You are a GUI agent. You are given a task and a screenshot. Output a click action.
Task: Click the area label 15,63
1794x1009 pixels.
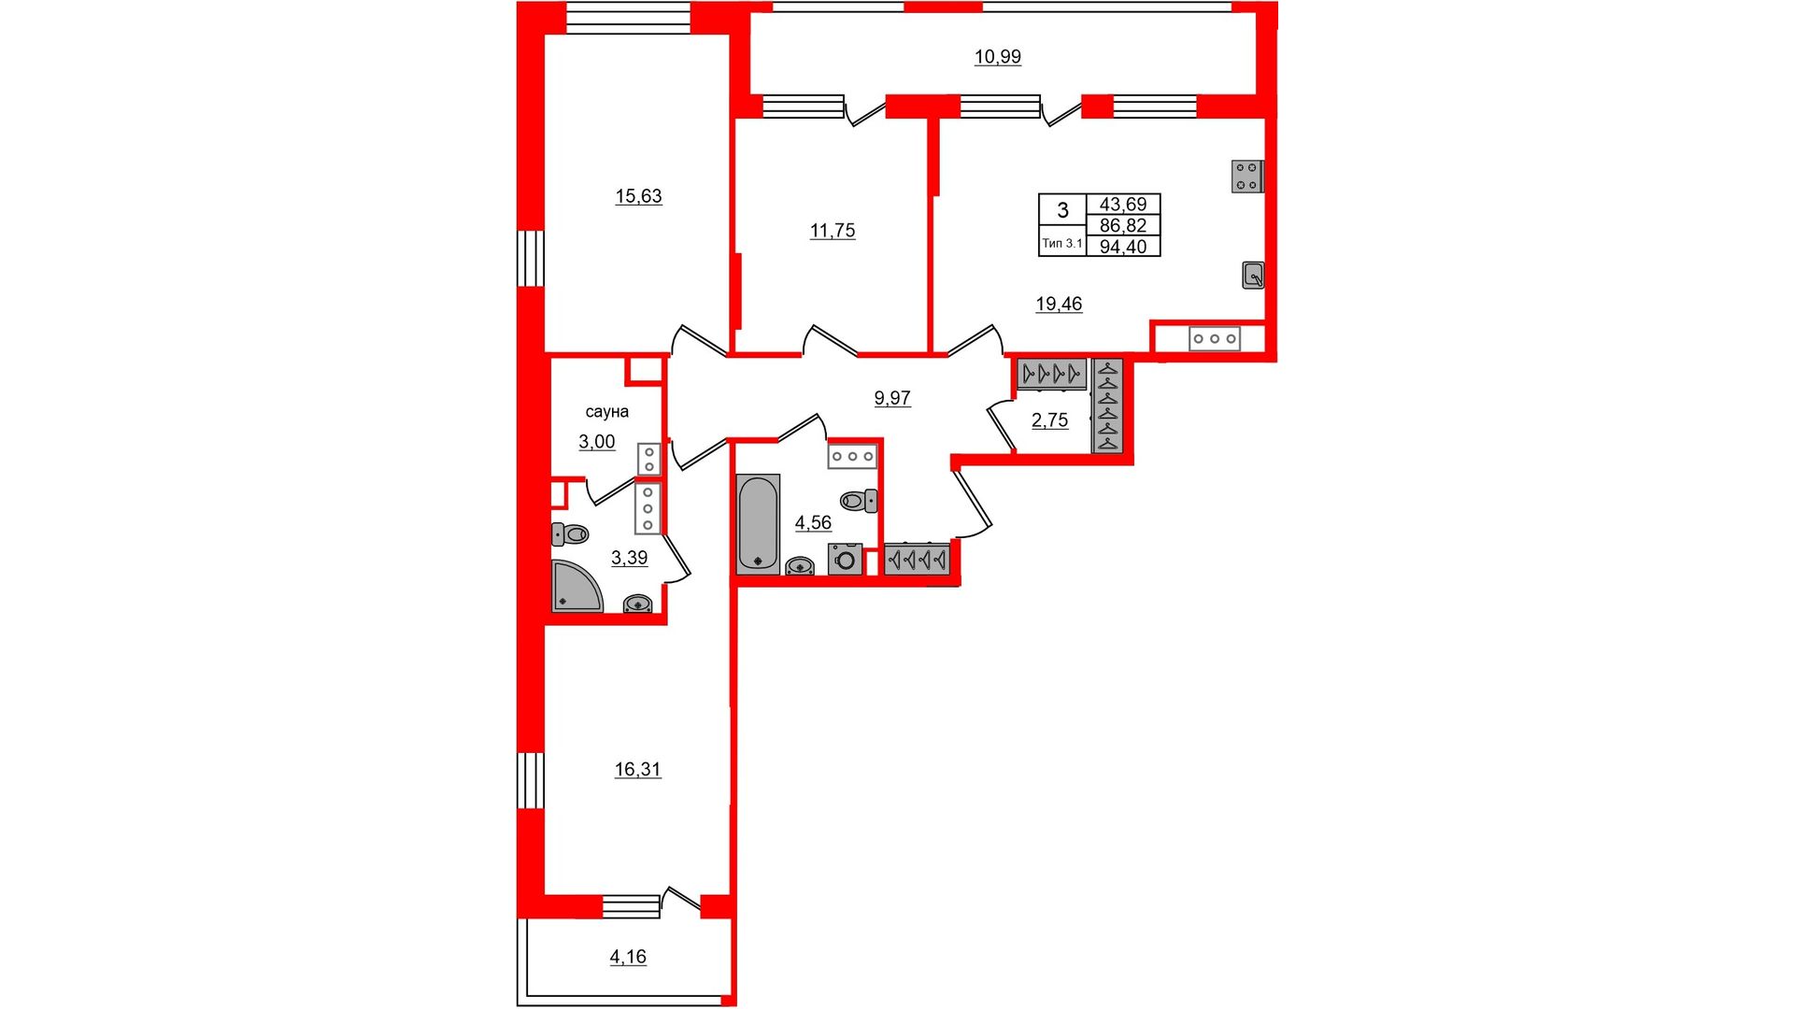click(638, 196)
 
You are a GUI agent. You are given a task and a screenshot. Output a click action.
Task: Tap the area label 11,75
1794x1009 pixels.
click(833, 231)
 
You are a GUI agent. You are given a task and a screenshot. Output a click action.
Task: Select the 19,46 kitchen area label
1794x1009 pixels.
click(1059, 304)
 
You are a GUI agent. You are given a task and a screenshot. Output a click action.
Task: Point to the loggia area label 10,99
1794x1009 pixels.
click(998, 57)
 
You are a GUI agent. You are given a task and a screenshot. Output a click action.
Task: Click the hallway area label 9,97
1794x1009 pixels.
click(892, 398)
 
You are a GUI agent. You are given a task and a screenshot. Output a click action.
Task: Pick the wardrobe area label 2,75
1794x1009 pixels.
click(1049, 420)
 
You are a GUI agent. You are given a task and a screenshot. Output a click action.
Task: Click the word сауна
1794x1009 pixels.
click(607, 412)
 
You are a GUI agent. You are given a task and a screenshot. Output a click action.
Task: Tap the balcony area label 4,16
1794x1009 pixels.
click(628, 957)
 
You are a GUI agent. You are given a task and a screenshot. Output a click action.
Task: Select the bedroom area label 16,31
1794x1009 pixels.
click(637, 770)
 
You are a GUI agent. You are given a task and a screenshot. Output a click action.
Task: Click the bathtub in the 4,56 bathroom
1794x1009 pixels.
click(758, 523)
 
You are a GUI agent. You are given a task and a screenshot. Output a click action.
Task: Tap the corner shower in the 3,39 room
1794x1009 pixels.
click(577, 586)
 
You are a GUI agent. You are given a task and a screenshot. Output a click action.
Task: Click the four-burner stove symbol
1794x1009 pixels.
click(1247, 177)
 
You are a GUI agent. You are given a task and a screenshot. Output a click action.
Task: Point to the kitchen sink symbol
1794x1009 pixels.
click(1253, 276)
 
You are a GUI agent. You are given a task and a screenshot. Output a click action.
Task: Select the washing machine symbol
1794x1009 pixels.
click(846, 559)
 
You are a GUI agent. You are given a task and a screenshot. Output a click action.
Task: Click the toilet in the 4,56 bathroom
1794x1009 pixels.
click(859, 501)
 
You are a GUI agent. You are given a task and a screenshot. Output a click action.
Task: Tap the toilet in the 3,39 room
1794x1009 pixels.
click(570, 534)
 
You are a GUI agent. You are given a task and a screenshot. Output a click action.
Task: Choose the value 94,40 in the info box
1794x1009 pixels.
click(1123, 247)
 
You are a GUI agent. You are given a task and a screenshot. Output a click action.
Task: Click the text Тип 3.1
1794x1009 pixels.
click(1062, 243)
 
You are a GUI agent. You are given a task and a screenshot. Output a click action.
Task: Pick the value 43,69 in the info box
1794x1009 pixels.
click(1123, 205)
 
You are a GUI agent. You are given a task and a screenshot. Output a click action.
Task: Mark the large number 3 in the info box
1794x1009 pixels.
click(1062, 210)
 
